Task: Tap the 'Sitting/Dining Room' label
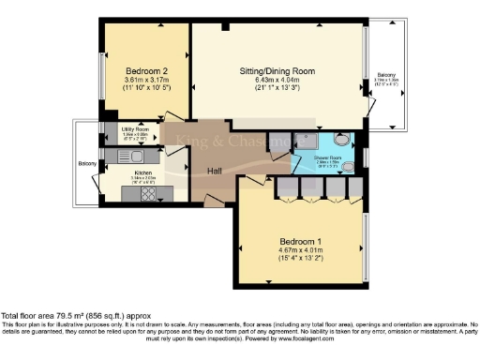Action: click(276, 71)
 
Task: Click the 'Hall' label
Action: click(216, 170)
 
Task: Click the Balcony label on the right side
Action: click(386, 74)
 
